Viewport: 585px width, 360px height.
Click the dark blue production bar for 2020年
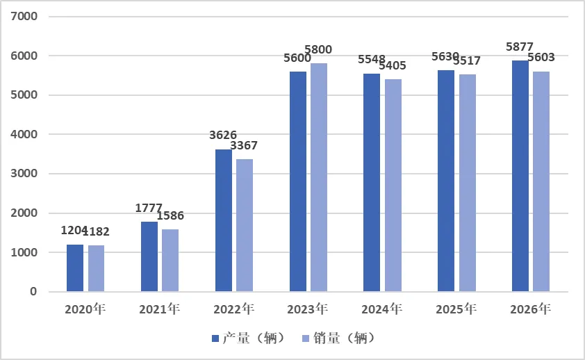coord(75,268)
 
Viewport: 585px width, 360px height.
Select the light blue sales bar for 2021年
coord(170,260)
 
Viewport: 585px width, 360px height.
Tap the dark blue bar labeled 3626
coord(224,220)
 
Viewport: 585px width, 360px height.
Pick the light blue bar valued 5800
coord(319,177)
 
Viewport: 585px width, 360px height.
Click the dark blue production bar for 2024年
coord(372,183)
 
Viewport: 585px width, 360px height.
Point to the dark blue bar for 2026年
coord(520,176)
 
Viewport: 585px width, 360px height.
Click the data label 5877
coord(520,47)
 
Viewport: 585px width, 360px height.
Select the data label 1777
coord(149,207)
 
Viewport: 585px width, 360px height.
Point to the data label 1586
coord(170,215)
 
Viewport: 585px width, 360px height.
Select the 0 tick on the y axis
coord(33,292)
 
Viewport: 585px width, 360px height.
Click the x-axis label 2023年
coord(308,309)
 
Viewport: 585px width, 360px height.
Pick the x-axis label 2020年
coord(85,309)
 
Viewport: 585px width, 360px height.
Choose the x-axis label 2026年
coord(532,309)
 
